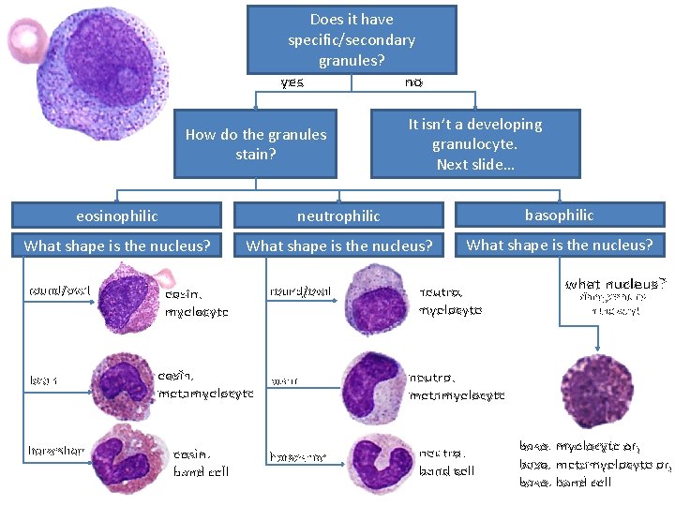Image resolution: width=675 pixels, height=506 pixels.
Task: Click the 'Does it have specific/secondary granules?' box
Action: point(352,39)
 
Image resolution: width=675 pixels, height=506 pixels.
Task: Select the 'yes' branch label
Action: point(292,82)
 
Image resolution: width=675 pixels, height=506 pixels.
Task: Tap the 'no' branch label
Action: point(413,82)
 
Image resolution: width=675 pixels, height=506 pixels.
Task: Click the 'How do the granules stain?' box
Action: point(255,143)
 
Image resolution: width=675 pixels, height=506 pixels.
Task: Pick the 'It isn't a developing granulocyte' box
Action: point(475,143)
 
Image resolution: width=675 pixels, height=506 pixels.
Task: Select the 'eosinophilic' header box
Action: point(116,216)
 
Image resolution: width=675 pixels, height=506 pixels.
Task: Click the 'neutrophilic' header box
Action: point(338,216)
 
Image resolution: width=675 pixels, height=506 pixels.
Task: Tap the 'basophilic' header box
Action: point(559,215)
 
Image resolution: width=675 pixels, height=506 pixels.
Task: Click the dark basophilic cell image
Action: point(596,391)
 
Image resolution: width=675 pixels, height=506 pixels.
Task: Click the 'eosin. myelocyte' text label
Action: point(195,302)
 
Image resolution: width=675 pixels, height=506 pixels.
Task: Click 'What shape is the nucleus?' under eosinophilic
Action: point(116,246)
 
